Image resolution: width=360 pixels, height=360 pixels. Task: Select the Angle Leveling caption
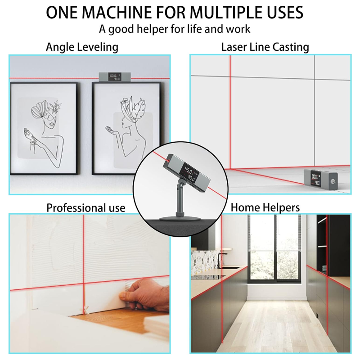[82, 47]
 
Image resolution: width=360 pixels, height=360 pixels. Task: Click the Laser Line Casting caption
[265, 47]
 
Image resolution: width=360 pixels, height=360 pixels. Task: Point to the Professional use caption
[86, 208]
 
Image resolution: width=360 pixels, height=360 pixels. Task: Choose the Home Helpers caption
[265, 207]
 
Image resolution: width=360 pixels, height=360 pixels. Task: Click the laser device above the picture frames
[115, 76]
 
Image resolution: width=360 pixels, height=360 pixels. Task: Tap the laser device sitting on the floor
[321, 179]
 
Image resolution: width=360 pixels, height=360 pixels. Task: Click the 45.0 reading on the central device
[189, 171]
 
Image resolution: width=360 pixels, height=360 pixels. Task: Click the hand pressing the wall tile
[145, 295]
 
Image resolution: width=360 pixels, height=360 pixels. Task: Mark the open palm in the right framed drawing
[112, 129]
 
